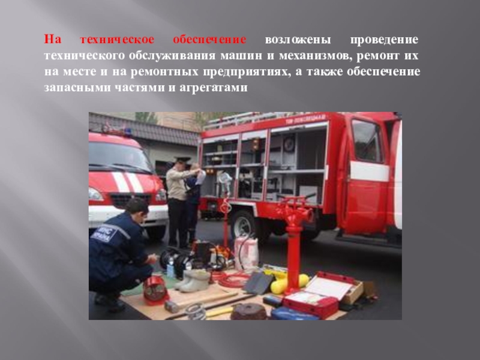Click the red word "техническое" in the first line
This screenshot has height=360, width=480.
117,40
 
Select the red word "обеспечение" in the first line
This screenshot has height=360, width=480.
209,40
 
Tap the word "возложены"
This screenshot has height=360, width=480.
298,40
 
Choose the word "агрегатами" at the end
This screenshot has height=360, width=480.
214,88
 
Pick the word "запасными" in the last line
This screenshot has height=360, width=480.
77,88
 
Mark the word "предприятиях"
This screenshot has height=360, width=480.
247,72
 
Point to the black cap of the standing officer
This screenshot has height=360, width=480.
183,159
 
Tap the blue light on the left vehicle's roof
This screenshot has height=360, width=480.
127,132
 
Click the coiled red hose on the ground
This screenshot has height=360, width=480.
233,279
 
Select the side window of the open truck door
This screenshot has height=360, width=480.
367,140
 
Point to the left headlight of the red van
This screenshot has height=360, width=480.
95,194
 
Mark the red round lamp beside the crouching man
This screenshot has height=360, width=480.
155,289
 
